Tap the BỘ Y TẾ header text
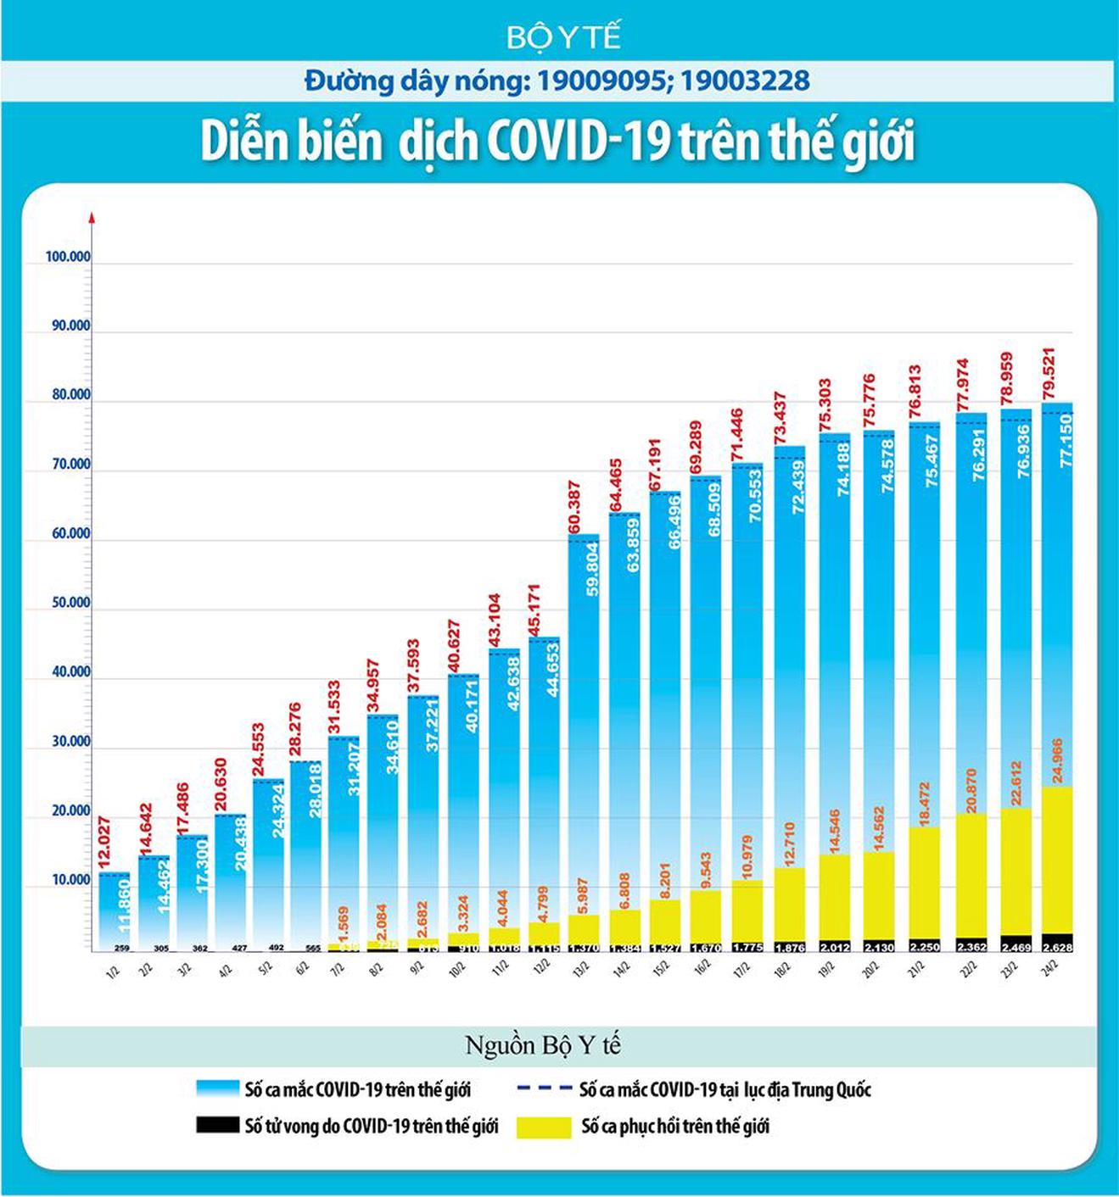pos(564,37)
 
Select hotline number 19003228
pos(745,81)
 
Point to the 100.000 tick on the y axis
pos(68,257)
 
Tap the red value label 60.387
pos(574,508)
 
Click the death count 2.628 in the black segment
pos(1057,947)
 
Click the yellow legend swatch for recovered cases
pos(543,1127)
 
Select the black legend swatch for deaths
pos(217,1125)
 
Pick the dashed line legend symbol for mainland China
pos(542,1088)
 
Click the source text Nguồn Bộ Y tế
pos(543,1045)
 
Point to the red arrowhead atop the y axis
pos(92,217)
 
